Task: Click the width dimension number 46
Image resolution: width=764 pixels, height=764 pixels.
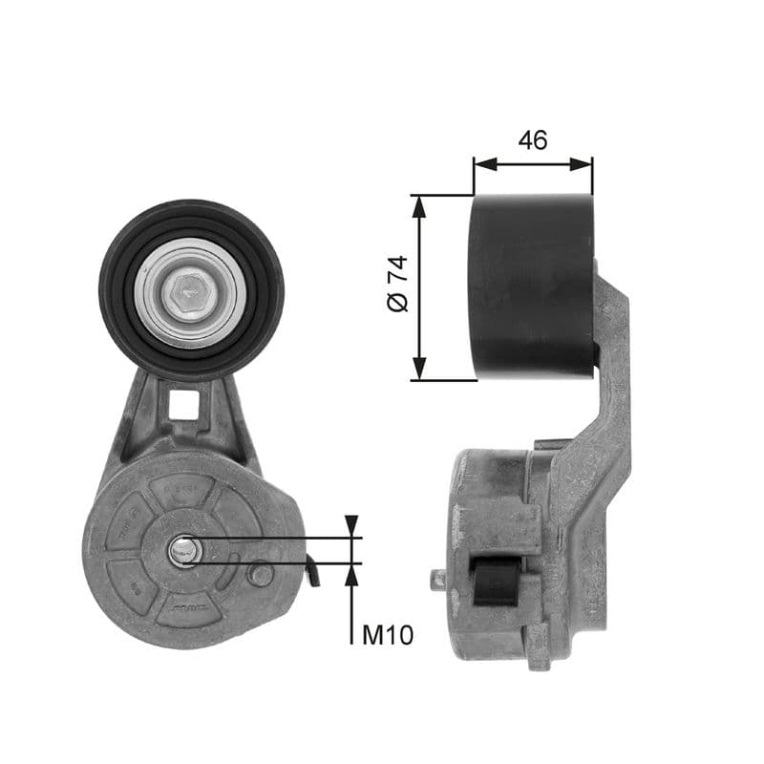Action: click(533, 139)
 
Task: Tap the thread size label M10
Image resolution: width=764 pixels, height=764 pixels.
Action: click(388, 634)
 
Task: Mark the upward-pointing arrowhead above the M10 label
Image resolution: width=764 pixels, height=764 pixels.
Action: click(352, 573)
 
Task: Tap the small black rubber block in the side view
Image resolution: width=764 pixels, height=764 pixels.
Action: click(496, 582)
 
